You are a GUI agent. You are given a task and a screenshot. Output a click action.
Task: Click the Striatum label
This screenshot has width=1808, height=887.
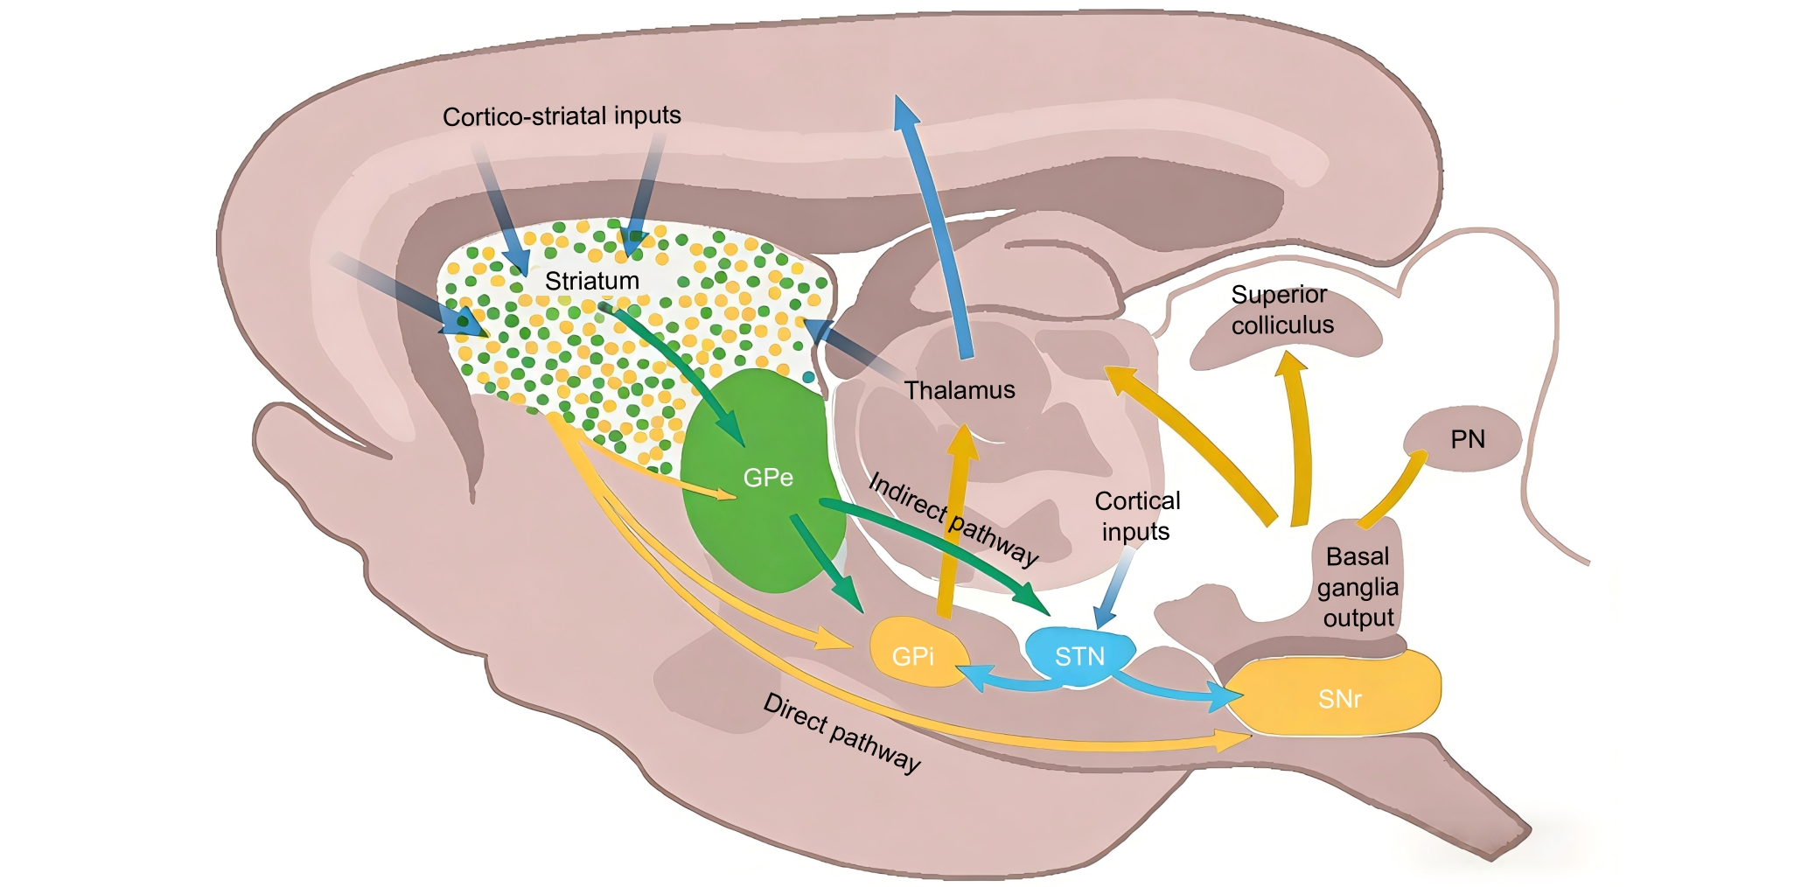591,281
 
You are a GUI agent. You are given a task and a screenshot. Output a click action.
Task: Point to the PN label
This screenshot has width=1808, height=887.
1467,439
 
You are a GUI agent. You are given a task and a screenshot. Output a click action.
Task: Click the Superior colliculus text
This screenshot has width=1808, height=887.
1281,310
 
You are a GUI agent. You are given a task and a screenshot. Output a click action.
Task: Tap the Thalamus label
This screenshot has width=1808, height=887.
960,390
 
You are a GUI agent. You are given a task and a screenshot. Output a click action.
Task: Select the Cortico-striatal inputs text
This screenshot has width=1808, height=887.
562,116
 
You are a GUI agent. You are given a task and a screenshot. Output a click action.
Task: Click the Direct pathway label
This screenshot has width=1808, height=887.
841,733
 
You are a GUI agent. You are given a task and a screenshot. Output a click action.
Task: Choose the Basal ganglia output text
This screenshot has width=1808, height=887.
1358,587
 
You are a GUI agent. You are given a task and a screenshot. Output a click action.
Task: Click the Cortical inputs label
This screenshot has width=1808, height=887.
1136,516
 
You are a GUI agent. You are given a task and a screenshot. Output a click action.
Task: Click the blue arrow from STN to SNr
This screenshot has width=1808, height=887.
1172,688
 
